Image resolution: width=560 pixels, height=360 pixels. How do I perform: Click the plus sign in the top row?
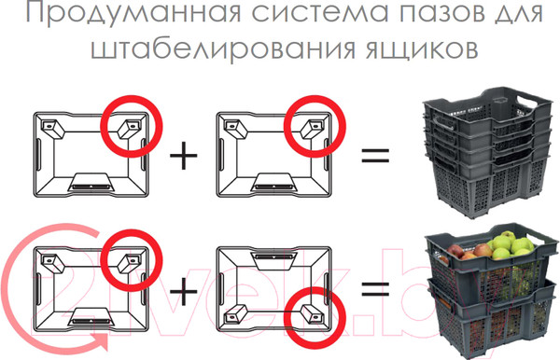(184, 155)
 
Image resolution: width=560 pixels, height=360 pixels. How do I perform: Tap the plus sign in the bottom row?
(184, 291)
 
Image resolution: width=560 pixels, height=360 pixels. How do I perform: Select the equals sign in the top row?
(375, 155)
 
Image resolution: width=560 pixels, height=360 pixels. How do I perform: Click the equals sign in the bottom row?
(375, 290)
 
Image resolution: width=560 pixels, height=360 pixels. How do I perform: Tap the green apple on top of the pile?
(508, 237)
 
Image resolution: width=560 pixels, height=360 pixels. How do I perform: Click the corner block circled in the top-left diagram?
(129, 129)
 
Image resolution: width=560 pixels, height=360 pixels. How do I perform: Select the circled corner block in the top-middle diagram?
(312, 129)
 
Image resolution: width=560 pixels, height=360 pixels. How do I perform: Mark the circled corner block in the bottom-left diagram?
(129, 263)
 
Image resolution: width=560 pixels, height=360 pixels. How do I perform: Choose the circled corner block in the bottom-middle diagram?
(312, 313)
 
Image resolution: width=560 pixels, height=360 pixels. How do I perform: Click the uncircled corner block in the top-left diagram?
(53, 129)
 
